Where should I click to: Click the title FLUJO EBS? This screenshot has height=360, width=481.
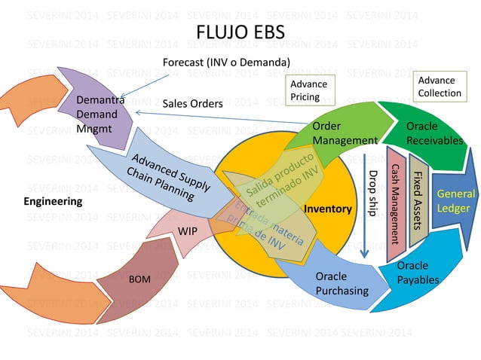pos(240,34)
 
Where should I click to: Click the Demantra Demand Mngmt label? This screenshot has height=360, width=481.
pos(97,114)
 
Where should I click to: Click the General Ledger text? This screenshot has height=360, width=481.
pos(455,200)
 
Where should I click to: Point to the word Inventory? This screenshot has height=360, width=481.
pos(328,209)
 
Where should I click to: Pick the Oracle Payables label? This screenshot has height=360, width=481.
pos(412,273)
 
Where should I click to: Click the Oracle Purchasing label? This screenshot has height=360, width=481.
pos(342,284)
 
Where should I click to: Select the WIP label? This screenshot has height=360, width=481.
pos(188,230)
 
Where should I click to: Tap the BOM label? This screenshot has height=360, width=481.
pos(140,279)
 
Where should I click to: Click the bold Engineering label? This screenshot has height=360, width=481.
pos(53,202)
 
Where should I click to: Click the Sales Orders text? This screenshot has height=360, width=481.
pos(192,103)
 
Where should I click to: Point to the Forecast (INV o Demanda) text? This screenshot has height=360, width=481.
pos(226,62)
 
